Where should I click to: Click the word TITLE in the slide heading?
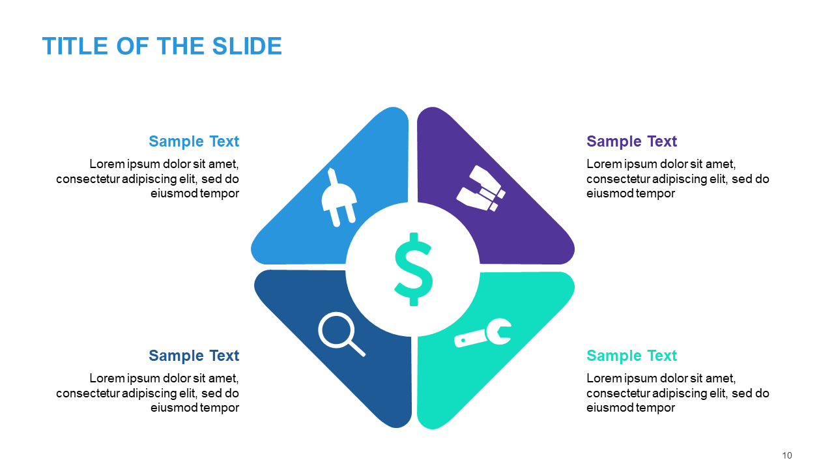click(75, 46)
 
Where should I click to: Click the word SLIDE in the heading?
click(247, 46)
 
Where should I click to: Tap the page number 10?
click(786, 455)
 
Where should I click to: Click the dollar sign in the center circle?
click(413, 269)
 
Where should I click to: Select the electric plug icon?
click(339, 197)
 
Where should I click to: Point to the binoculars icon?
click(481, 188)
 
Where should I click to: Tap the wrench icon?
click(483, 333)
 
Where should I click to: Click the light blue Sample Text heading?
click(194, 141)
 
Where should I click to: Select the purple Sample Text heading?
click(631, 141)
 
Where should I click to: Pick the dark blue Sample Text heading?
click(194, 356)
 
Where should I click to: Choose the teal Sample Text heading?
click(631, 356)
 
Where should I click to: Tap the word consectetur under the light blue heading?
click(88, 179)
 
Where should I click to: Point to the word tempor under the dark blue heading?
click(220, 408)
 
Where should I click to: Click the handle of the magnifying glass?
click(356, 348)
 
